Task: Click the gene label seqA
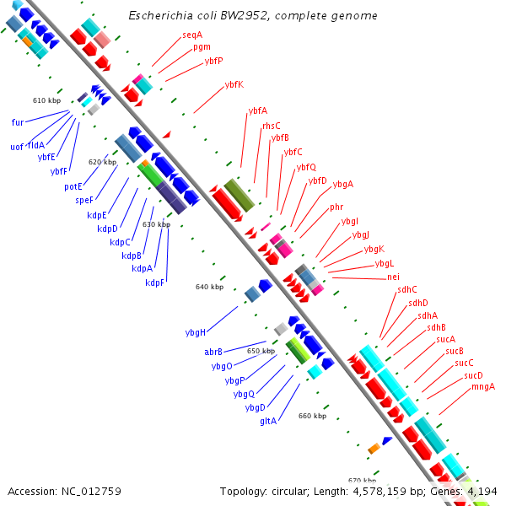point(192,35)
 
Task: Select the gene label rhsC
point(271,126)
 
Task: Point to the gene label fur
point(18,122)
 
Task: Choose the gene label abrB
point(213,352)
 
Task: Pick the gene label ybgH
point(196,332)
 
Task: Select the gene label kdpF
point(154,283)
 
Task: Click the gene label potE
point(73,186)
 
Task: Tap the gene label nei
point(393,277)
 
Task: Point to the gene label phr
point(336,207)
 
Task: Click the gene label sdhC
point(407,290)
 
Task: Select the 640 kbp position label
point(209,288)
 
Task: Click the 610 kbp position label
point(47,100)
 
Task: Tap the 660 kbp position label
point(312,416)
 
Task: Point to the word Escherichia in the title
point(158,16)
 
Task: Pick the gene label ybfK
point(234,84)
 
